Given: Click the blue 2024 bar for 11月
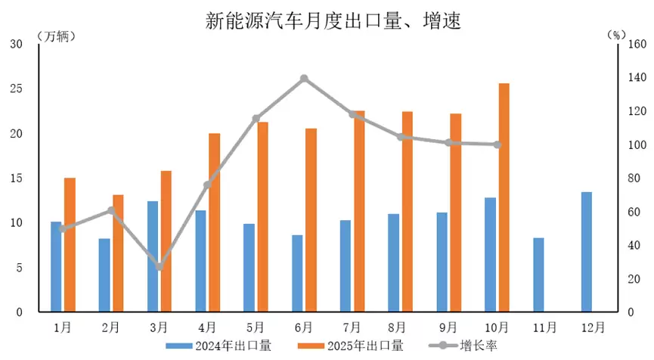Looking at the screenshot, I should tap(538, 275).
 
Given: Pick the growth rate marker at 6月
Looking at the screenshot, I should tap(304, 79).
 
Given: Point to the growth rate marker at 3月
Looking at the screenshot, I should tap(159, 267).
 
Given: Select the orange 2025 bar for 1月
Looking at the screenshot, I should tap(70, 244).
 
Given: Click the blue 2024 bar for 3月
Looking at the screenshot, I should tap(153, 256).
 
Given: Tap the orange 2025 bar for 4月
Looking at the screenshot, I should tap(215, 222).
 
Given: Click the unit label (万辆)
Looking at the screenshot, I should tap(55, 36).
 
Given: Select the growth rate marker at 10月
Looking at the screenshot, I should tap(497, 144).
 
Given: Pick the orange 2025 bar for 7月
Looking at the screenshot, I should tap(359, 211).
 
